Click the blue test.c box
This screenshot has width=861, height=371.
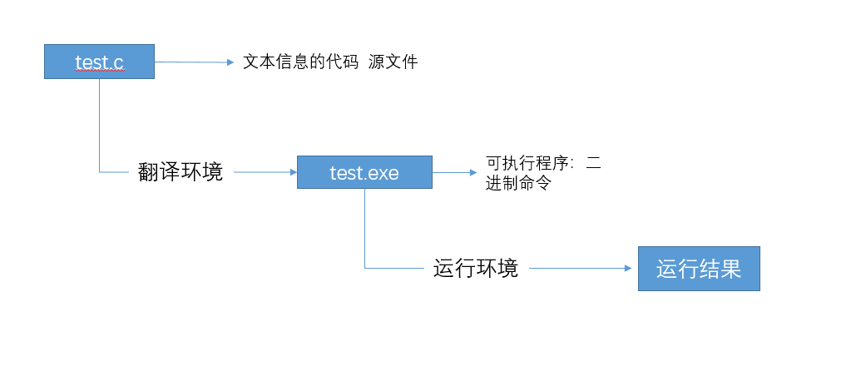(99, 62)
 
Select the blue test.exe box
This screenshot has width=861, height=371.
(364, 172)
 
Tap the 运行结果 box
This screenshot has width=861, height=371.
(699, 269)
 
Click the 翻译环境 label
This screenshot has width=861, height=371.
(181, 172)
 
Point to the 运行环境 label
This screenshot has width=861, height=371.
(476, 268)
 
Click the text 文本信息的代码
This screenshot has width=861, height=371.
(301, 62)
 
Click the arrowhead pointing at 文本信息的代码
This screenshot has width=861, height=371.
(230, 62)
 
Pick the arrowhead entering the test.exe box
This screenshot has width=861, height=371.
(293, 172)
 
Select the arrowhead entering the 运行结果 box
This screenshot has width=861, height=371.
(633, 268)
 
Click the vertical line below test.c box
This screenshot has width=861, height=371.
(99, 125)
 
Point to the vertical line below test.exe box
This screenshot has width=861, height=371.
(364, 229)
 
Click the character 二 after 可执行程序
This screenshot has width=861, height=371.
(593, 164)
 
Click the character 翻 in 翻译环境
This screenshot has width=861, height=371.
(149, 172)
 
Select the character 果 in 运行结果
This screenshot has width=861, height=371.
(730, 269)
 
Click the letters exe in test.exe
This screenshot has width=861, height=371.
(384, 172)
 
